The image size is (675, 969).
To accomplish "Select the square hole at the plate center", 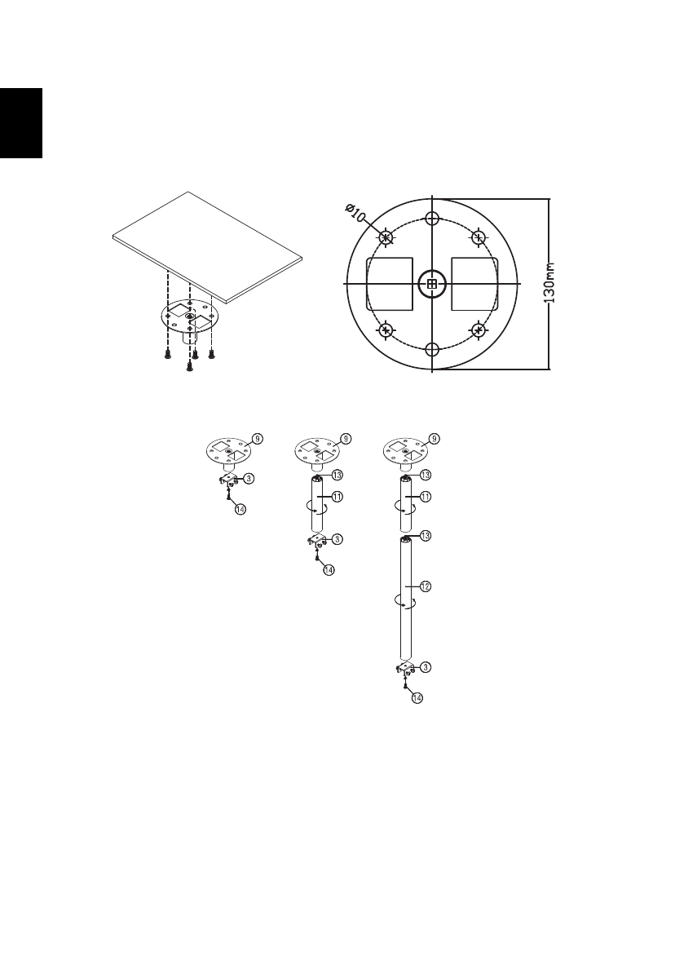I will tap(432, 284).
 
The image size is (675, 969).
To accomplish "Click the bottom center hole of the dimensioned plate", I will tap(433, 349).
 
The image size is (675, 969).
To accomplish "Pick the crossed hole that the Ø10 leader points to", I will tap(386, 237).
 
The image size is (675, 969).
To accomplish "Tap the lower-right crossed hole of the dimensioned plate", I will tap(479, 330).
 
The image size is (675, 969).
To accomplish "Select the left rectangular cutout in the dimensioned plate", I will tap(390, 283).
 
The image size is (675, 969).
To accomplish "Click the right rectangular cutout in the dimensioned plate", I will tap(474, 283).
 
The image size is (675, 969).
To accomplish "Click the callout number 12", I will tap(425, 586).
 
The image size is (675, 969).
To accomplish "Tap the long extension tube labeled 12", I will tap(405, 600).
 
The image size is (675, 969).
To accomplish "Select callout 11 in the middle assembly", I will tap(336, 496).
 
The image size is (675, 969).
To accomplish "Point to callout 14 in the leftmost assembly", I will tap(240, 508).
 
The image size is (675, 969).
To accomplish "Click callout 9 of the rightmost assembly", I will tap(434, 438).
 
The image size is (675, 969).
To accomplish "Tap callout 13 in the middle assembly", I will tap(336, 474).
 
